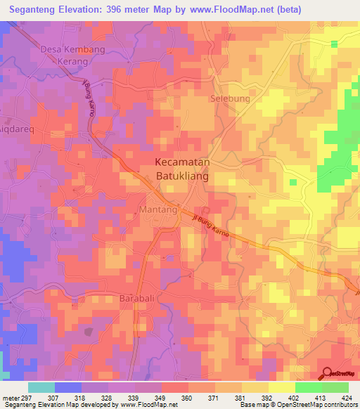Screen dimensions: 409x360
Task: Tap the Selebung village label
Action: [x=230, y=98]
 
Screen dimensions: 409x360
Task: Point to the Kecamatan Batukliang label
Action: [x=181, y=168]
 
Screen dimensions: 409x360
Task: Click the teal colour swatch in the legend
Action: [x=41, y=387]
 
